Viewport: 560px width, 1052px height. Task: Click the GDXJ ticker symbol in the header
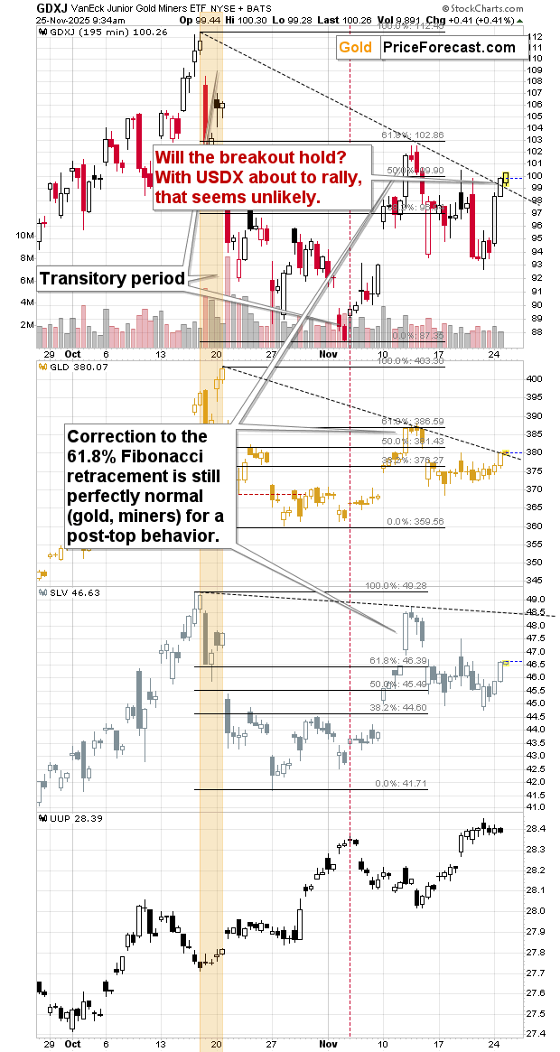click(19, 6)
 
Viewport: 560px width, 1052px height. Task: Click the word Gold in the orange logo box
click(355, 47)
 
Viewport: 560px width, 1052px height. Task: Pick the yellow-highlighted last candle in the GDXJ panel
click(506, 179)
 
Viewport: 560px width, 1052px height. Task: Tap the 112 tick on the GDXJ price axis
click(536, 36)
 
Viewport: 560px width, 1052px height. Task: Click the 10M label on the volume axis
click(24, 235)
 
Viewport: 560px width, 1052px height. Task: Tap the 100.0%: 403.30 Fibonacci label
click(411, 361)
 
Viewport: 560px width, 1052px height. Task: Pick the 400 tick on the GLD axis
click(537, 378)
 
